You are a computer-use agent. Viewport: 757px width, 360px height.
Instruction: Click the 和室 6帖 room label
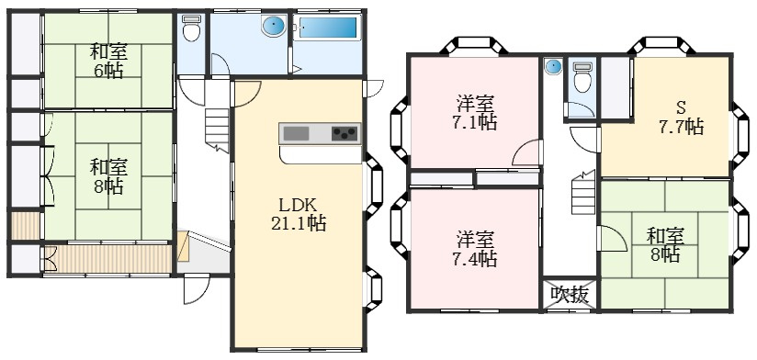pos(108,60)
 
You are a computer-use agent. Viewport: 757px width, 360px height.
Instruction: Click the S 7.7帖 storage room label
pos(681,117)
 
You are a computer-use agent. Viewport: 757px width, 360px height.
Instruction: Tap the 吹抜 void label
pos(569,294)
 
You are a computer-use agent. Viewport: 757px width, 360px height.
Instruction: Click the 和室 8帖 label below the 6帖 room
pos(108,175)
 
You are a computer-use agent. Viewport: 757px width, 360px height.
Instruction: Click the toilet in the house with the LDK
pos(191,30)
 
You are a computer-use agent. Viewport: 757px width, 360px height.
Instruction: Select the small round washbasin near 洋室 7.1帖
pos(553,67)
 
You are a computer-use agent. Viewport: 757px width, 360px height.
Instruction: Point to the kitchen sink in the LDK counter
pos(297,134)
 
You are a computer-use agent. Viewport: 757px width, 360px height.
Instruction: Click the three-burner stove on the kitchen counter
pos(344,134)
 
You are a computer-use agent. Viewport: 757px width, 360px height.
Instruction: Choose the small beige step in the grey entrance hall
pos(183,245)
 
